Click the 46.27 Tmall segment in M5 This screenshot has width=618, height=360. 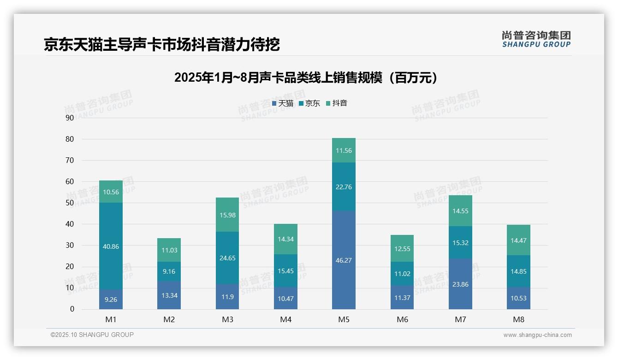(x=344, y=260)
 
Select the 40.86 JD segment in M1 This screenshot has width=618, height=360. (x=111, y=246)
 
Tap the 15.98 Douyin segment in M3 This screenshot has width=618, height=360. (x=227, y=215)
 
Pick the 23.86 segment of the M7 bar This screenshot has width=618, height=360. (x=460, y=284)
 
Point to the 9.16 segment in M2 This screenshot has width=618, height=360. (x=169, y=271)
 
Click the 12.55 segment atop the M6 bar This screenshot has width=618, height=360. (x=402, y=249)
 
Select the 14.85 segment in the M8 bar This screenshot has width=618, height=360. (x=518, y=271)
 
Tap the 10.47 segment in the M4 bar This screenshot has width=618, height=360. (x=285, y=298)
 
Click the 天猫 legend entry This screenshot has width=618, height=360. (x=283, y=103)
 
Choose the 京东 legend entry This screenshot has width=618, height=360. (x=309, y=103)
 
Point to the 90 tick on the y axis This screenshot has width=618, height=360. (x=70, y=118)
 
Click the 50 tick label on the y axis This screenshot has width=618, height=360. (x=70, y=203)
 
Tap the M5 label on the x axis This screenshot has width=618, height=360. (x=344, y=319)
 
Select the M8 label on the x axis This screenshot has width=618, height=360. (x=518, y=319)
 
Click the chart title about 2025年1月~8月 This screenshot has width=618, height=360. (x=306, y=78)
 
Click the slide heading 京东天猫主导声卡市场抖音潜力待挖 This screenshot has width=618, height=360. (x=162, y=44)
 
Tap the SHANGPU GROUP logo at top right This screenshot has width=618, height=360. (x=536, y=39)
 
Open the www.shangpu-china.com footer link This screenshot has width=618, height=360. (x=537, y=335)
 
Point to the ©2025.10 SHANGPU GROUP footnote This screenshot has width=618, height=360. (x=92, y=335)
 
